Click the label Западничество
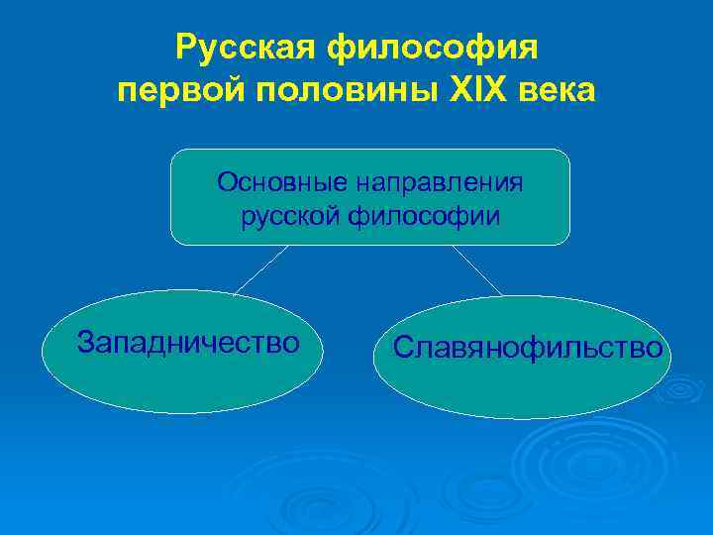(188, 343)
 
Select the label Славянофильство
(528, 348)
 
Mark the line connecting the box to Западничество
(261, 268)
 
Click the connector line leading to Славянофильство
(477, 269)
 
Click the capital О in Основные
(228, 182)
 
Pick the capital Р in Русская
(184, 48)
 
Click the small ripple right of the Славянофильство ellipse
(682, 389)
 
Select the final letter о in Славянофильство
(654, 349)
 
